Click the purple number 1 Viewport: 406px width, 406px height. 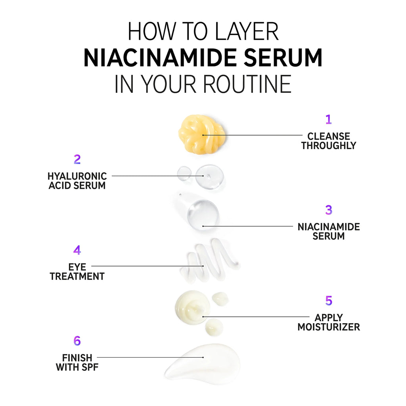tap(328, 119)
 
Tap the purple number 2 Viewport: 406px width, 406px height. tap(77, 159)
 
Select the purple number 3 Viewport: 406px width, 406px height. tap(329, 210)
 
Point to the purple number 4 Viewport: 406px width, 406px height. tap(77, 250)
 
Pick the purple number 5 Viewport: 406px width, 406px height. tap(329, 301)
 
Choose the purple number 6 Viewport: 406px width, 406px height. tap(77, 341)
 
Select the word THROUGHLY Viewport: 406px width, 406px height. tap(328, 146)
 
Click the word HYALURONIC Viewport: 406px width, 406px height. tap(77, 176)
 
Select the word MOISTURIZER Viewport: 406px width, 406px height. tap(329, 327)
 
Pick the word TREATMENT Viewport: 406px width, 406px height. tap(77, 276)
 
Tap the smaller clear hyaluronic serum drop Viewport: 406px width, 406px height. tap(184, 173)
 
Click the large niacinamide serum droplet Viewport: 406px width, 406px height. tap(203, 214)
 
